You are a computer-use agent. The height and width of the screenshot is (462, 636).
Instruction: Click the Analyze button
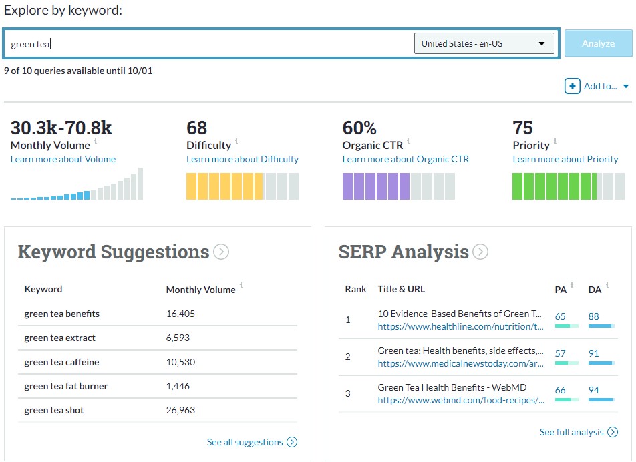pyautogui.click(x=598, y=43)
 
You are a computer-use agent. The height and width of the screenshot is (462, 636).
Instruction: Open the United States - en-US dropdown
pyautogui.click(x=484, y=44)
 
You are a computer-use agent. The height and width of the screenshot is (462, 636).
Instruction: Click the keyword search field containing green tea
pyautogui.click(x=207, y=44)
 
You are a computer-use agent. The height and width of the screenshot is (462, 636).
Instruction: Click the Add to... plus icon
pyautogui.click(x=573, y=86)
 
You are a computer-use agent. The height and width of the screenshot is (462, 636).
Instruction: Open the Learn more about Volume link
pyautogui.click(x=63, y=159)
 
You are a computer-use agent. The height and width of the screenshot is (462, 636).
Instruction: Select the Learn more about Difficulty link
pyautogui.click(x=243, y=159)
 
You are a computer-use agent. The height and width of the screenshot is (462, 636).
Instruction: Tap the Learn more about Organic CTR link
pyautogui.click(x=406, y=159)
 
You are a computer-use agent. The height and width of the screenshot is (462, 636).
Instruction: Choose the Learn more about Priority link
pyautogui.click(x=565, y=159)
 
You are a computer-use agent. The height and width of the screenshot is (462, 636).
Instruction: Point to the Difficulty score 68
pyautogui.click(x=197, y=128)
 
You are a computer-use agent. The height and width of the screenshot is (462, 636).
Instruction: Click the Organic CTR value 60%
pyautogui.click(x=359, y=128)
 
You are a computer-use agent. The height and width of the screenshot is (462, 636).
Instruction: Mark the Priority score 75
pyautogui.click(x=522, y=128)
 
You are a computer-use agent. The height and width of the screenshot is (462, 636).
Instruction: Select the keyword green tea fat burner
pyautogui.click(x=65, y=386)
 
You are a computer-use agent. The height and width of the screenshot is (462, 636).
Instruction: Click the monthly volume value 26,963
pyautogui.click(x=180, y=410)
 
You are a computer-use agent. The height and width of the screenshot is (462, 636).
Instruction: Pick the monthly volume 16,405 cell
pyautogui.click(x=180, y=314)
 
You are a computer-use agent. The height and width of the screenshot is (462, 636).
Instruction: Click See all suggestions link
pyautogui.click(x=245, y=442)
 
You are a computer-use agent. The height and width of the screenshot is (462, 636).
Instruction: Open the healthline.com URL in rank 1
pyautogui.click(x=460, y=327)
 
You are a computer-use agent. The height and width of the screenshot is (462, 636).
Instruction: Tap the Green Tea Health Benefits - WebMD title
pyautogui.click(x=452, y=387)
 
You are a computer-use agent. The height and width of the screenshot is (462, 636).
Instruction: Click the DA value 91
pyautogui.click(x=594, y=353)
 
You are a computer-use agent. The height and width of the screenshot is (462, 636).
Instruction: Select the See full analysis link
pyautogui.click(x=571, y=432)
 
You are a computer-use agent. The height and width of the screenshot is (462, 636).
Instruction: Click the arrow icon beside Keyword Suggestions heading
pyautogui.click(x=221, y=252)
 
